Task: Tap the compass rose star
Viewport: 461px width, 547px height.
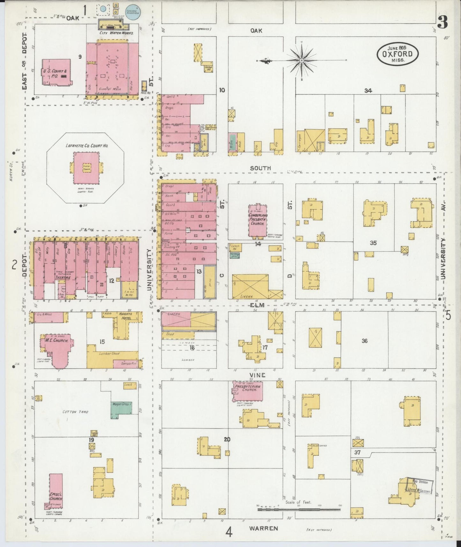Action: [301, 60]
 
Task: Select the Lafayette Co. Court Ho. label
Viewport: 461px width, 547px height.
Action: [87, 146]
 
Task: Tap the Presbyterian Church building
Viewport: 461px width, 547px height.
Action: [248, 390]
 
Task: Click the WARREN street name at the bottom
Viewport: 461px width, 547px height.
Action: [264, 528]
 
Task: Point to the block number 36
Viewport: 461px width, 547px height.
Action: [364, 341]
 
